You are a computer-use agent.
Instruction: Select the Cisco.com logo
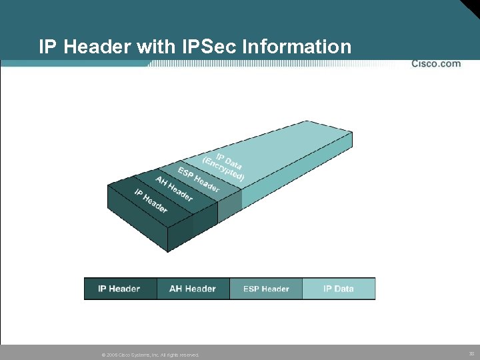436,64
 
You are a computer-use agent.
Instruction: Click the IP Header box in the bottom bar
120,289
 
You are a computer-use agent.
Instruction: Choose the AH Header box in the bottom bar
193,289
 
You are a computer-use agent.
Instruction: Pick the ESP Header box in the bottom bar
266,289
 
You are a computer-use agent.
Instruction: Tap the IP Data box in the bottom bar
339,289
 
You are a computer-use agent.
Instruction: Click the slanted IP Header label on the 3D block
151,201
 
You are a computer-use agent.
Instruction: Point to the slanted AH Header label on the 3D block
174,188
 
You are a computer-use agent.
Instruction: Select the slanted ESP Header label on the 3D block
199,178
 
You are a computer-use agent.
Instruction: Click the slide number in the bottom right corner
471,354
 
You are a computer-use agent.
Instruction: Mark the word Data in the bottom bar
344,289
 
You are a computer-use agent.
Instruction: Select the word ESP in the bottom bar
251,289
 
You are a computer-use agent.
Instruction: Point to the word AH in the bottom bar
176,289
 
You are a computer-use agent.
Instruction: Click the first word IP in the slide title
47,47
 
